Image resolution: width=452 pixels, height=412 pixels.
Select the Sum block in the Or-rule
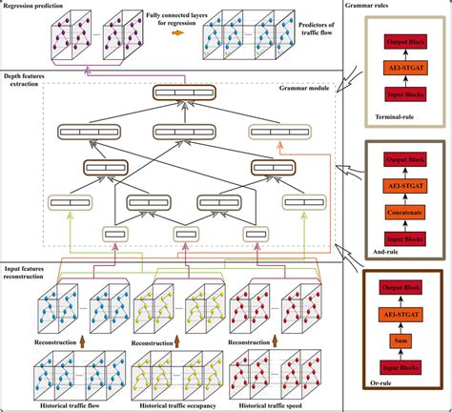point(407,339)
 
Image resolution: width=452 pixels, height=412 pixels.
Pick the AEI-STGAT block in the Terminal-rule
point(406,70)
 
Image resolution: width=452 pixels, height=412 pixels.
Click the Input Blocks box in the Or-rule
point(407,363)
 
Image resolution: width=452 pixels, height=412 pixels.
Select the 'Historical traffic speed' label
point(287,404)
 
